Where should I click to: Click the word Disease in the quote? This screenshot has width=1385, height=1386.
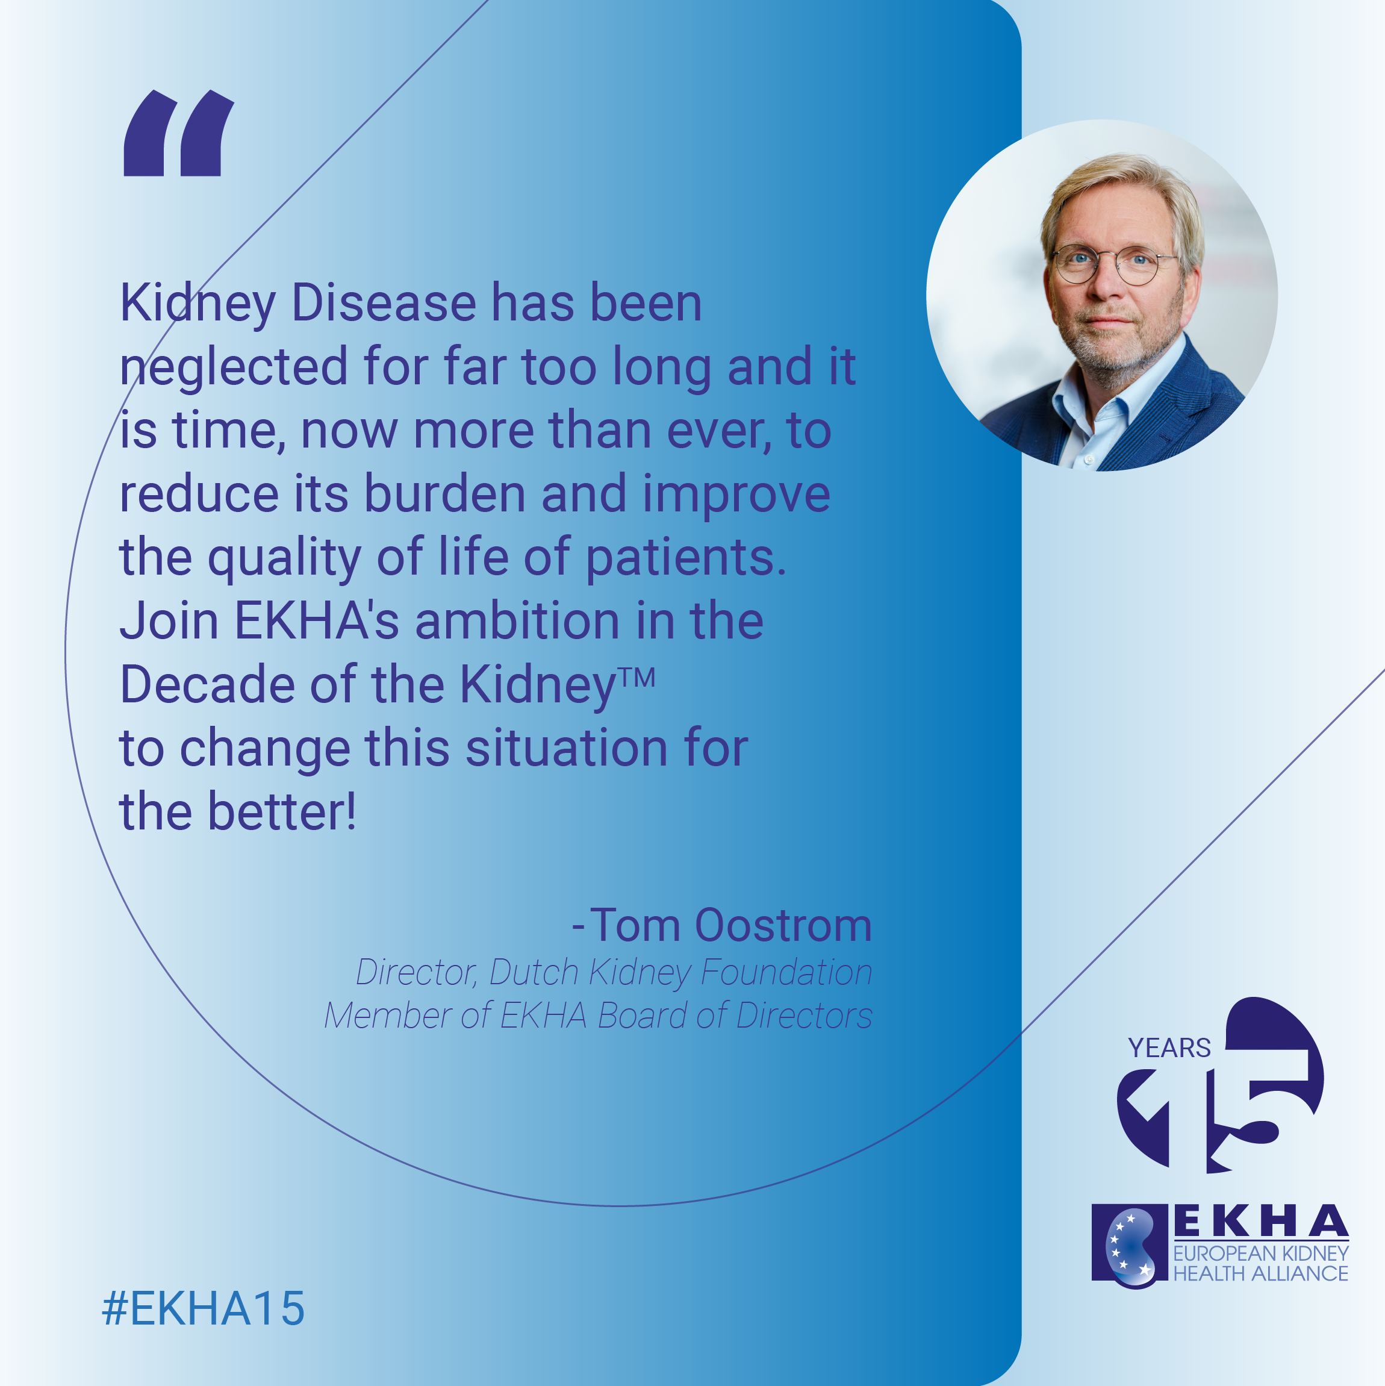click(x=384, y=303)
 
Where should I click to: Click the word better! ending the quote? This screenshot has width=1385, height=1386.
click(x=282, y=811)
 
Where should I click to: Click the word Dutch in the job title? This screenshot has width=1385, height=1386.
click(x=534, y=973)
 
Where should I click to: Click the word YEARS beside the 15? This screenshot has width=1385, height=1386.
click(x=1169, y=1048)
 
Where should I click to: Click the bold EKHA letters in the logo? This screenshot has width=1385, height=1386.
click(x=1261, y=1222)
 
